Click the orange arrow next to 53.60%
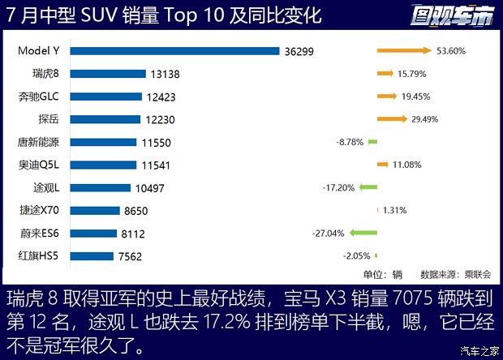(404, 51)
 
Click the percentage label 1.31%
(393, 210)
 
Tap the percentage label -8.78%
(350, 142)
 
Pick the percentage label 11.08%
(407, 165)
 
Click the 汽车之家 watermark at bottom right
(477, 350)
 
